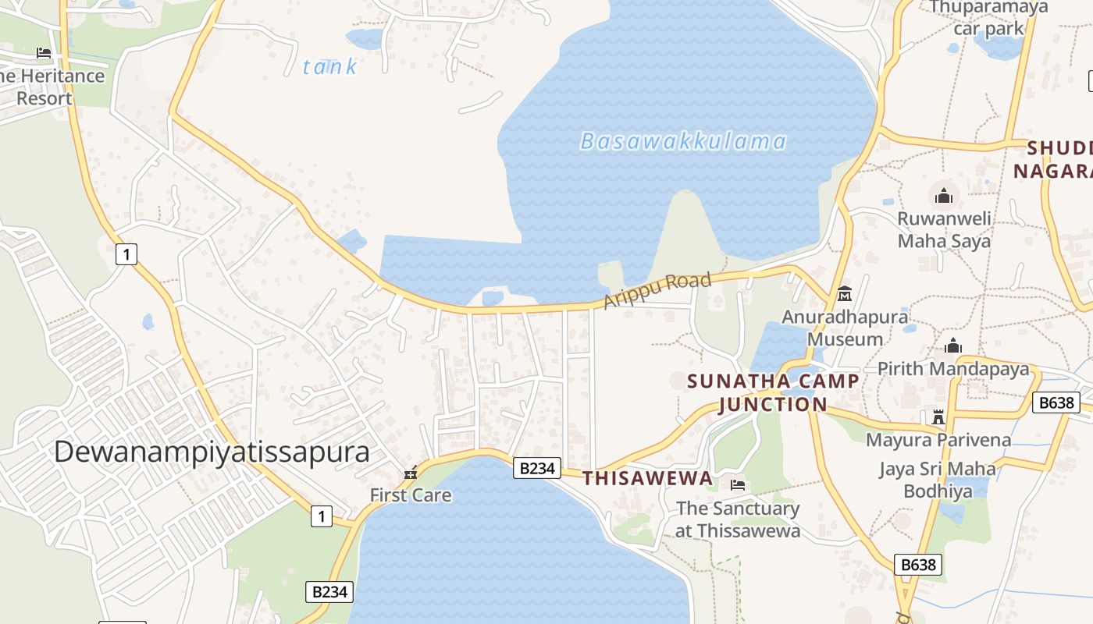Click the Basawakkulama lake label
683,141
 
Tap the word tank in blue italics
329,67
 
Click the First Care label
411,495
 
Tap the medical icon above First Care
411,472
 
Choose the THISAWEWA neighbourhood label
648,478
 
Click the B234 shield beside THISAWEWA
537,468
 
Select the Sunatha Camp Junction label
773,392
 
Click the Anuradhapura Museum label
845,328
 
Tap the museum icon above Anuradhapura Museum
845,294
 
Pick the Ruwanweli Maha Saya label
944,229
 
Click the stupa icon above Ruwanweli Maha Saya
944,195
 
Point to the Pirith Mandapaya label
953,369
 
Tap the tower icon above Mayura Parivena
938,417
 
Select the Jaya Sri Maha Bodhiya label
938,480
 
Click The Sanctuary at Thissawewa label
738,519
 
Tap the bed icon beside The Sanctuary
738,485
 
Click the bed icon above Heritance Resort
44,53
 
